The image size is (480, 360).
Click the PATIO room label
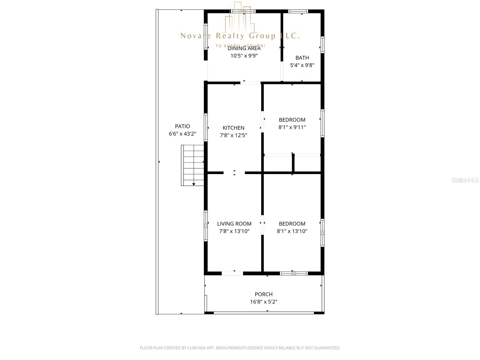click(182, 126)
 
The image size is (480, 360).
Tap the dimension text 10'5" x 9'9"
click(244, 56)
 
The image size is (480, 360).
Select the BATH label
click(302, 58)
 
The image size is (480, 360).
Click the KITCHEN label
click(233, 128)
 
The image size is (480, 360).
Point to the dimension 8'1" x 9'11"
click(292, 127)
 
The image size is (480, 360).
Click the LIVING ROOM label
click(234, 224)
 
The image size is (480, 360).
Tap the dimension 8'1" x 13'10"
click(292, 231)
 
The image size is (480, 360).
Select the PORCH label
click(264, 294)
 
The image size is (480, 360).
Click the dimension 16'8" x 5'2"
click(264, 302)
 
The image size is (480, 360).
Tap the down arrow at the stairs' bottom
click(194, 184)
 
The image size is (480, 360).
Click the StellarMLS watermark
click(465, 180)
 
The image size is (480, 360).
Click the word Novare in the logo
click(195, 36)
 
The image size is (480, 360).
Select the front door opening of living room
click(232, 273)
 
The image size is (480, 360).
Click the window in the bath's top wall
click(298, 11)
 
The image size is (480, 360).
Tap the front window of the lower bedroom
click(294, 273)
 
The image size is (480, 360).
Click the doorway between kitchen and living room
click(234, 173)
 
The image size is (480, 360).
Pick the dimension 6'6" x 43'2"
click(182, 134)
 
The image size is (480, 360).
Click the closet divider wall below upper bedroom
click(293, 163)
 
